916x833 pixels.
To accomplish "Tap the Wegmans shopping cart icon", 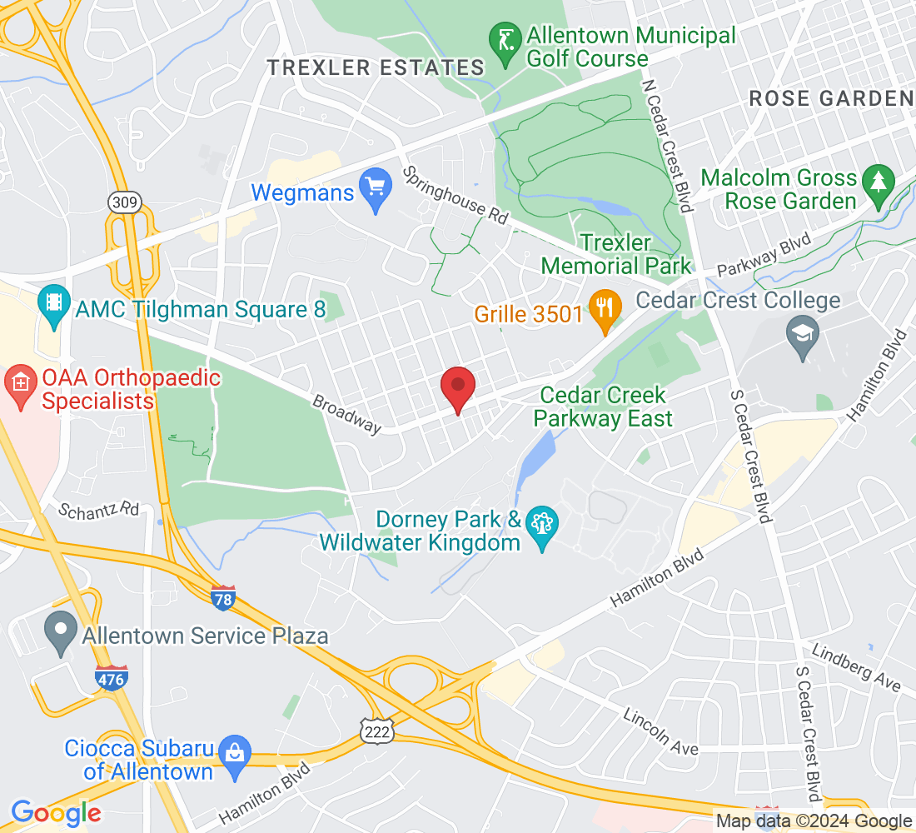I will coord(375,192).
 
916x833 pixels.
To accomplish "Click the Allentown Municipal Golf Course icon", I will coord(504,47).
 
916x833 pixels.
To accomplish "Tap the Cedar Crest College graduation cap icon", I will coord(803,338).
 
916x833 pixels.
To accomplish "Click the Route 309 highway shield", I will coord(124,202).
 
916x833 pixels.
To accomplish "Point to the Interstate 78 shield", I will coord(223,597).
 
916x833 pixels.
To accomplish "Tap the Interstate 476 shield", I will coord(112,677).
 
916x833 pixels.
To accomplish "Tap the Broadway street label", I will coord(346,413).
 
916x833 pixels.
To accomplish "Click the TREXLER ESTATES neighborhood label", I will coord(376,68).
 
